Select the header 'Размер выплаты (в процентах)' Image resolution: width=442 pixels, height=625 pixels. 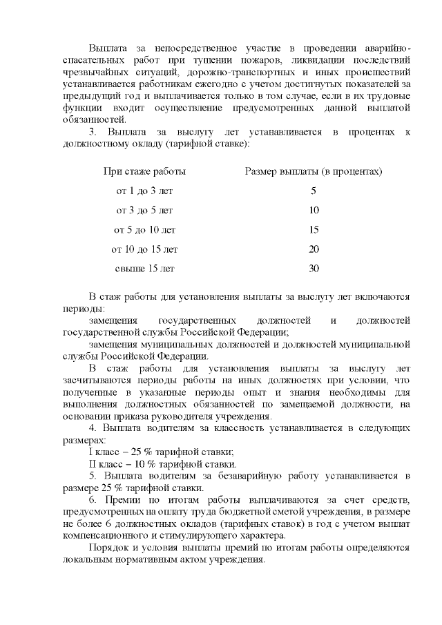[x=314, y=171]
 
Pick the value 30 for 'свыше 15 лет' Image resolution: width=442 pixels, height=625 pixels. [x=314, y=268]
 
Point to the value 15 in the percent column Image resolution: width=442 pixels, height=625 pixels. [x=314, y=229]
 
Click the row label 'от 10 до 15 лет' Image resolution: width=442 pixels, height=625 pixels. [x=144, y=249]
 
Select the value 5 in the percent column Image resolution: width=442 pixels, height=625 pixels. [x=314, y=191]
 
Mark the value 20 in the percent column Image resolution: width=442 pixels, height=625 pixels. [x=314, y=249]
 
